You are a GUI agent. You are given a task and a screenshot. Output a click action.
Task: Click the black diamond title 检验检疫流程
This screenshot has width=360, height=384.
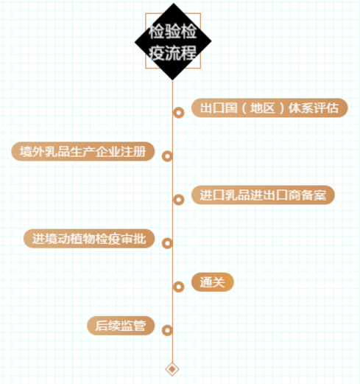(173, 42)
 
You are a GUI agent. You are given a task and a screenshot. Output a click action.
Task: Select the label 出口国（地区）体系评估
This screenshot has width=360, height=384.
(269, 108)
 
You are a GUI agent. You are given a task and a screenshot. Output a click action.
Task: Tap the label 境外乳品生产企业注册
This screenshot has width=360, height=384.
(83, 151)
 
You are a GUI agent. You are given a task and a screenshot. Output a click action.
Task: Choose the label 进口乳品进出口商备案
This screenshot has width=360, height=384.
(263, 195)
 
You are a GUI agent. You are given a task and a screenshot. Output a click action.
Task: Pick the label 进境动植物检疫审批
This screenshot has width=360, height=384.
(89, 239)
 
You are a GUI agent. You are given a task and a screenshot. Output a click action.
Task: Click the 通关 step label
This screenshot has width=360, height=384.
(213, 282)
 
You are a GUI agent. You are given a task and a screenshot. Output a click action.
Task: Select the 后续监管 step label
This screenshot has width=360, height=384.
(121, 326)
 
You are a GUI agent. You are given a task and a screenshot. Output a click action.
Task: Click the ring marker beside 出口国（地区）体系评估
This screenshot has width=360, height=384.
(179, 113)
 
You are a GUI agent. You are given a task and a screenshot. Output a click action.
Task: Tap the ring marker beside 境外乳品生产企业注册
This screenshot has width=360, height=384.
(167, 156)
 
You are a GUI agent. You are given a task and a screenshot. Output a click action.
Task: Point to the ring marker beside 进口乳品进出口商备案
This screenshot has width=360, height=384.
(179, 200)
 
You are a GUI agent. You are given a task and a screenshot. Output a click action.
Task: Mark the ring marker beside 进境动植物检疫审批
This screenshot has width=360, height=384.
(167, 243)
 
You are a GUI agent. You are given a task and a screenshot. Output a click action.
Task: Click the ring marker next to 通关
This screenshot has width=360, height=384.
(179, 287)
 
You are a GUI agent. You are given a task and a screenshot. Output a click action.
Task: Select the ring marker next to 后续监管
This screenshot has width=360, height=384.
(167, 330)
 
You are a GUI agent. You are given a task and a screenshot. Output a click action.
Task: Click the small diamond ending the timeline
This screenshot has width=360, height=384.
(172, 369)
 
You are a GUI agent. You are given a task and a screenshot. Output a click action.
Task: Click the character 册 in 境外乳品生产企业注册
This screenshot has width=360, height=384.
(140, 151)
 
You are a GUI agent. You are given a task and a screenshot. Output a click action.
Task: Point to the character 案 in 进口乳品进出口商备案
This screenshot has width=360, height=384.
(320, 195)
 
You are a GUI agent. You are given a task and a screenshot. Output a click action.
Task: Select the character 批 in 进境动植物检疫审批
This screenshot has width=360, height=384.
(140, 239)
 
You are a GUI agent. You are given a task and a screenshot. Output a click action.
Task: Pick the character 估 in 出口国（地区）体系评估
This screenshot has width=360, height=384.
(333, 108)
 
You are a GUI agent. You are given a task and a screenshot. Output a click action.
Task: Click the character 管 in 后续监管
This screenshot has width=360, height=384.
(140, 326)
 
